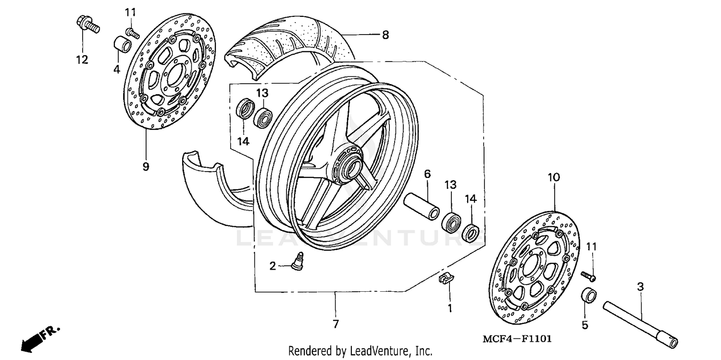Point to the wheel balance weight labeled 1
pyautogui.click(x=447, y=279)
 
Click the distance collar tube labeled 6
pyautogui.click(x=422, y=205)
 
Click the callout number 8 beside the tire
pyautogui.click(x=385, y=35)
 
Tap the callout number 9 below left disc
pyautogui.click(x=146, y=167)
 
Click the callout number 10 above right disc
pyautogui.click(x=553, y=177)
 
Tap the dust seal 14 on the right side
pyautogui.click(x=470, y=233)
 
